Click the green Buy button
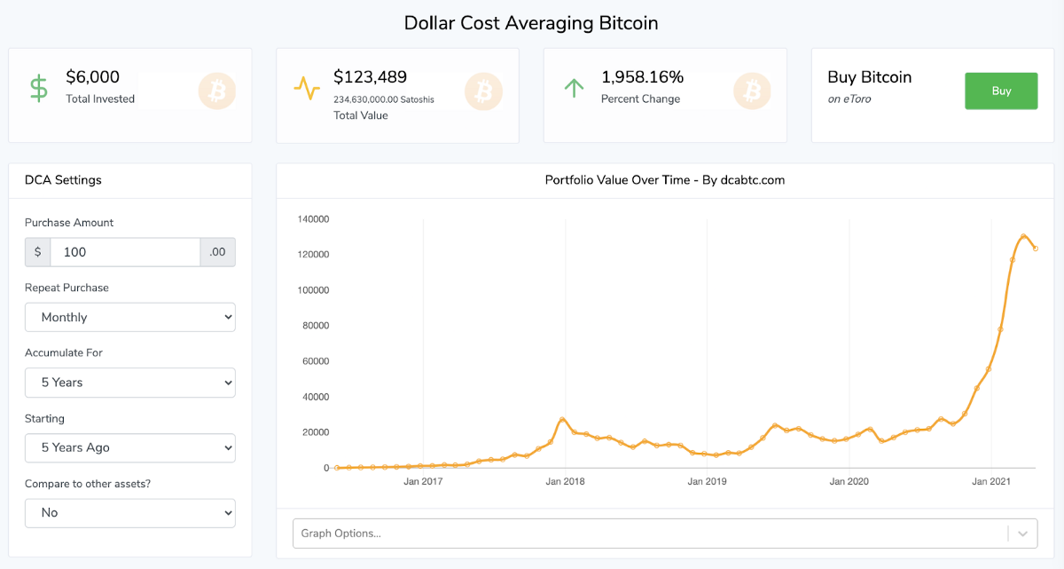click(x=1001, y=91)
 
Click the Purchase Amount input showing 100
click(x=125, y=252)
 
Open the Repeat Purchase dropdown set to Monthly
click(x=129, y=317)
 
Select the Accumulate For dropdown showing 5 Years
click(x=129, y=383)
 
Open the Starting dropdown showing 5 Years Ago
click(x=129, y=447)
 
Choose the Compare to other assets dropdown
click(x=129, y=512)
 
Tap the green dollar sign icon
click(x=39, y=88)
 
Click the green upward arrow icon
click(x=575, y=88)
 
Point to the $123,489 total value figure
click(x=370, y=77)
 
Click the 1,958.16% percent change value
click(x=642, y=77)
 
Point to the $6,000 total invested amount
click(x=92, y=77)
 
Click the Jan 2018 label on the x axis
click(x=565, y=482)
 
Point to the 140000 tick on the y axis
click(x=314, y=219)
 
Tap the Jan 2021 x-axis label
click(x=991, y=482)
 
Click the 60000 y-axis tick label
click(x=317, y=361)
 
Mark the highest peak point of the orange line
click(x=1023, y=236)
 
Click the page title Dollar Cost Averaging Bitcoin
click(x=531, y=22)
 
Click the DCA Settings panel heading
click(x=63, y=180)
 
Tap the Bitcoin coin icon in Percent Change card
click(x=752, y=91)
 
